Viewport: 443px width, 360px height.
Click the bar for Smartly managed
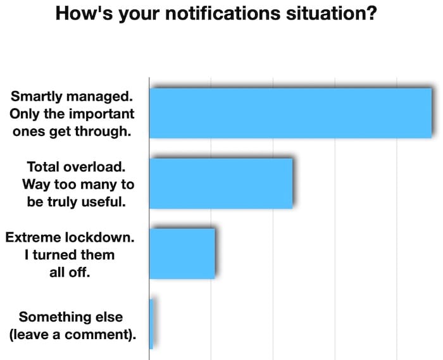[290, 113]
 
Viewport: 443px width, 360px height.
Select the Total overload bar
[221, 183]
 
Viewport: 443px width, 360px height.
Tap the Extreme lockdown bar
[182, 254]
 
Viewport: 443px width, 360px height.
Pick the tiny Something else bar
[151, 324]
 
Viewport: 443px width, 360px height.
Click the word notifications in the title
[222, 13]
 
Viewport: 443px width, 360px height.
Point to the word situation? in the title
[331, 13]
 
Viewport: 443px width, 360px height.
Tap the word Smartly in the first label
[37, 97]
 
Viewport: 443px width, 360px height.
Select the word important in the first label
[102, 114]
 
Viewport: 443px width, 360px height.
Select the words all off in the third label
[70, 273]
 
